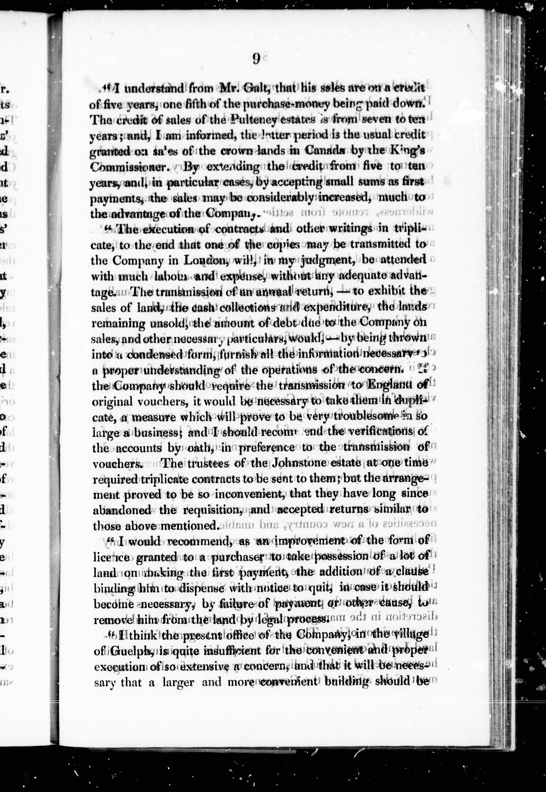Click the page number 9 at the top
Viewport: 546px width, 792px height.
tap(256, 59)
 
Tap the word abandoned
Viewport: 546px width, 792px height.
tap(121, 510)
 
